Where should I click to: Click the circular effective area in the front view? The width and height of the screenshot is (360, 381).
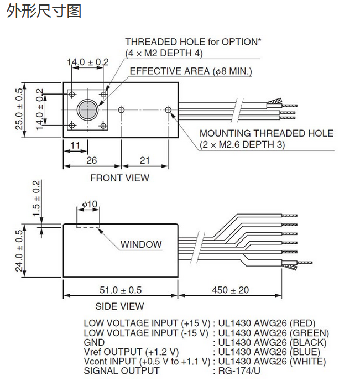[x=87, y=109]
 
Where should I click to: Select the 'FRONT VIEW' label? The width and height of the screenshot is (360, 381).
[x=119, y=178]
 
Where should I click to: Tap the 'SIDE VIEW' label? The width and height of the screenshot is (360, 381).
[x=119, y=306]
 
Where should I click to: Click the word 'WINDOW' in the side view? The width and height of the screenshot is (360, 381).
[x=141, y=244]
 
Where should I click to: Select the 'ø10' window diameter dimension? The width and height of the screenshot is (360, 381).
[x=89, y=205]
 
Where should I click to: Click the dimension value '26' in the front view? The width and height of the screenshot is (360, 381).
[x=92, y=160]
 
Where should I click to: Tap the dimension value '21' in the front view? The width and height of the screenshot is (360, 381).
[x=144, y=160]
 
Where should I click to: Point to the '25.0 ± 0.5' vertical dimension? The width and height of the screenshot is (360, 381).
[x=20, y=109]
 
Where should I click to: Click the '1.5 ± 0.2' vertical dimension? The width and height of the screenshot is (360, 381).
[x=36, y=198]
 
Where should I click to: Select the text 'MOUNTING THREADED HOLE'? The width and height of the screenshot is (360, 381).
[x=266, y=133]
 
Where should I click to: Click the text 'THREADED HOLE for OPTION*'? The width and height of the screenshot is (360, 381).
[x=193, y=42]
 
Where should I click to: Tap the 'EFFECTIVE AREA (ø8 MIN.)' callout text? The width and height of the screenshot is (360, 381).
[x=191, y=71]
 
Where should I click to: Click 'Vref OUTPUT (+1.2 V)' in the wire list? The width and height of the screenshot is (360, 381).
[x=131, y=352]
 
